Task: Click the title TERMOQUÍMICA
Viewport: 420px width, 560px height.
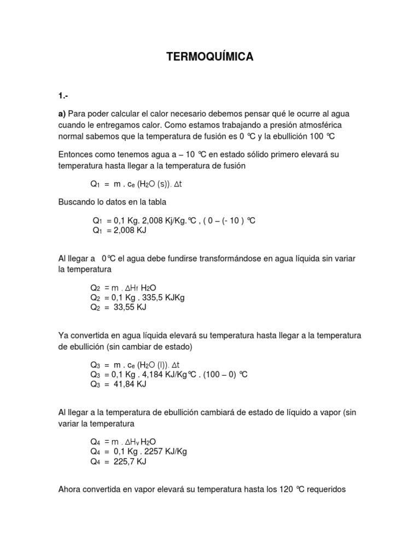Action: (210, 56)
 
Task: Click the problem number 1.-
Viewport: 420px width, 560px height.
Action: (63, 96)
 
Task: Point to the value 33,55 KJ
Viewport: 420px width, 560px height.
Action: (131, 307)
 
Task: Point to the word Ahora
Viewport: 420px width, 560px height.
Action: (70, 489)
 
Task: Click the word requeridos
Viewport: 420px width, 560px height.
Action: (322, 489)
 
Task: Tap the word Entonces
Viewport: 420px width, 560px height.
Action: (77, 155)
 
